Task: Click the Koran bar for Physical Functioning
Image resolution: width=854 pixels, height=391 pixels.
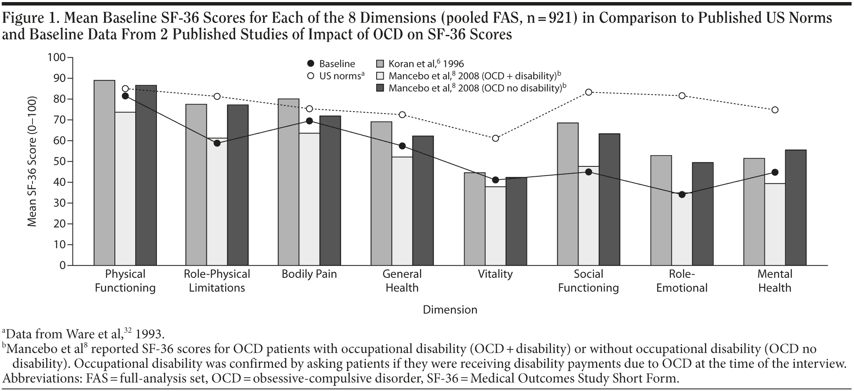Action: (104, 173)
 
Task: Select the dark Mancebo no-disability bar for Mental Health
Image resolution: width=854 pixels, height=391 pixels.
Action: (796, 208)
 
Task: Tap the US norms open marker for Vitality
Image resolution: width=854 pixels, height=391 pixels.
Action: (495, 138)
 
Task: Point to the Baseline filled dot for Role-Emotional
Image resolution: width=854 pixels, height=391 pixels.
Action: (682, 194)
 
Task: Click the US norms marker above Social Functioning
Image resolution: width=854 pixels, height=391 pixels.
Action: (588, 92)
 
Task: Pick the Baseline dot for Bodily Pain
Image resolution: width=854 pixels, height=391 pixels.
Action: (309, 121)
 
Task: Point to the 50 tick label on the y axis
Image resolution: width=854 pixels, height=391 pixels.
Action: (57, 161)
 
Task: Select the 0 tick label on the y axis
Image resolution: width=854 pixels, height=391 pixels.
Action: (62, 265)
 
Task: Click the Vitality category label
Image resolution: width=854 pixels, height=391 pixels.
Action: (495, 274)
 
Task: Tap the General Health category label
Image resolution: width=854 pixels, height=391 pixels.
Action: (402, 281)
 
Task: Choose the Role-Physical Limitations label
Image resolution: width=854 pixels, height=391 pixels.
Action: (217, 281)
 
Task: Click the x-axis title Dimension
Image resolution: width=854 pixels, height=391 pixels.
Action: (450, 310)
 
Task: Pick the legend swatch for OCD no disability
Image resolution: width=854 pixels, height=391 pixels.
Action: (380, 88)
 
